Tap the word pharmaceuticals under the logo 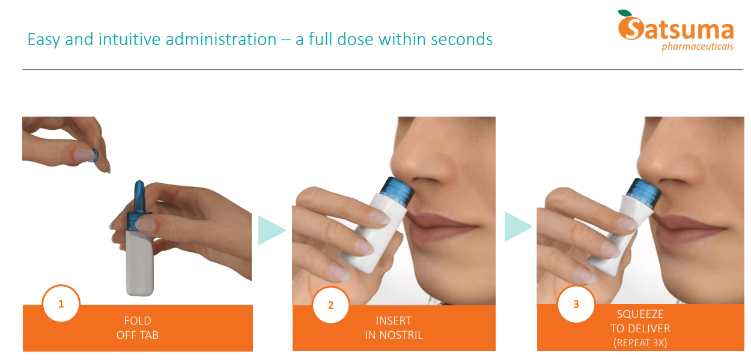697,47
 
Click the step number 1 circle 61,304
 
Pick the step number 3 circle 576,304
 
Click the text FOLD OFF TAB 138,328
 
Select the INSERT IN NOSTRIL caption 394,328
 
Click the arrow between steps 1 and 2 271,230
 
